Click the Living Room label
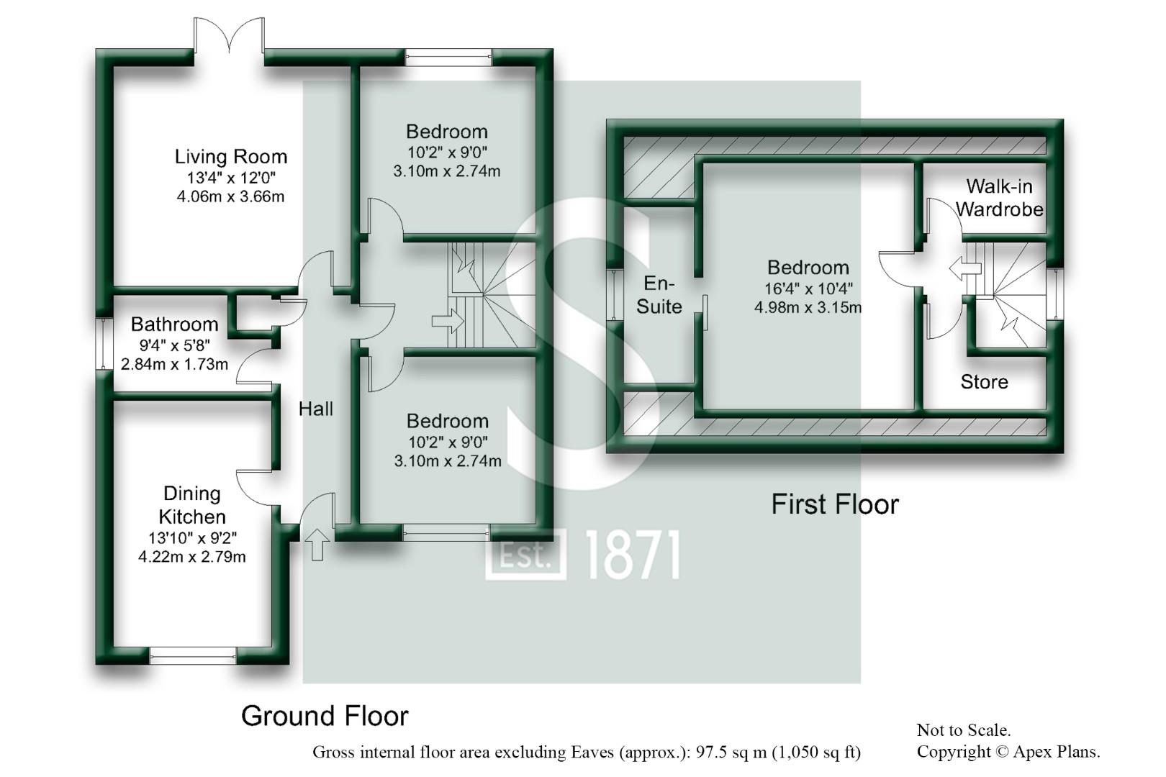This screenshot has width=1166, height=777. pyautogui.click(x=230, y=157)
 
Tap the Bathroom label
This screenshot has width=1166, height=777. pyautogui.click(x=174, y=324)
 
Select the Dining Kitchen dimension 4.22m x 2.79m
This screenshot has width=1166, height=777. pyautogui.click(x=191, y=557)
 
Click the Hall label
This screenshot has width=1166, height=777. pyautogui.click(x=316, y=409)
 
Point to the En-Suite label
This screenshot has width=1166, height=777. pyautogui.click(x=659, y=294)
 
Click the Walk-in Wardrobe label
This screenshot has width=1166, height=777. pyautogui.click(x=1000, y=198)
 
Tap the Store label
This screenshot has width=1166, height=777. pyautogui.click(x=985, y=382)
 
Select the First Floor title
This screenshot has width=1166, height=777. pyautogui.click(x=835, y=504)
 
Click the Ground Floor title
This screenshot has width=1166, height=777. pyautogui.click(x=325, y=716)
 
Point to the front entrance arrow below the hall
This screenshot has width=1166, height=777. pyautogui.click(x=317, y=545)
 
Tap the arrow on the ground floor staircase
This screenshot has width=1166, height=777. pyautogui.click(x=447, y=322)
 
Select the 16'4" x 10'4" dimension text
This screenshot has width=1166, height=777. pyautogui.click(x=808, y=288)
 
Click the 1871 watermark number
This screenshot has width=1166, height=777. pyautogui.click(x=633, y=555)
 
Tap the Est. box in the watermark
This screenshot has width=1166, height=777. pyautogui.click(x=525, y=555)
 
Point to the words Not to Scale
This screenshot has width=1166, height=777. pyautogui.click(x=964, y=730)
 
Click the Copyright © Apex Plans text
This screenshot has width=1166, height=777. pyautogui.click(x=1008, y=752)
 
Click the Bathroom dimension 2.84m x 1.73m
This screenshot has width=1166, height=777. pyautogui.click(x=174, y=364)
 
